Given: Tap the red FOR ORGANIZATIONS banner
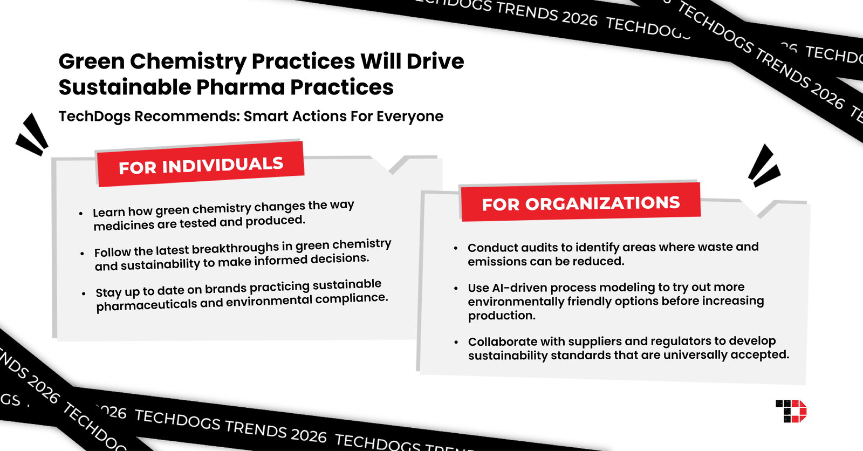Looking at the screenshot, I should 580,203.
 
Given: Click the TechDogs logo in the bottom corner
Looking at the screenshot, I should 791,411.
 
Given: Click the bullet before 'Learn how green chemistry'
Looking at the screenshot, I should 81,214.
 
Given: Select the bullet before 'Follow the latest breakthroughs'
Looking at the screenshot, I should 82,254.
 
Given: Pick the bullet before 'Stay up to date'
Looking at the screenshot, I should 84,294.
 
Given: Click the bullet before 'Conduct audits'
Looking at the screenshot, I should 456,248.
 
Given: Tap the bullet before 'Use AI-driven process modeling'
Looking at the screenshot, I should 456,288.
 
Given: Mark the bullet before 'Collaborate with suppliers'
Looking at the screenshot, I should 456,342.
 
